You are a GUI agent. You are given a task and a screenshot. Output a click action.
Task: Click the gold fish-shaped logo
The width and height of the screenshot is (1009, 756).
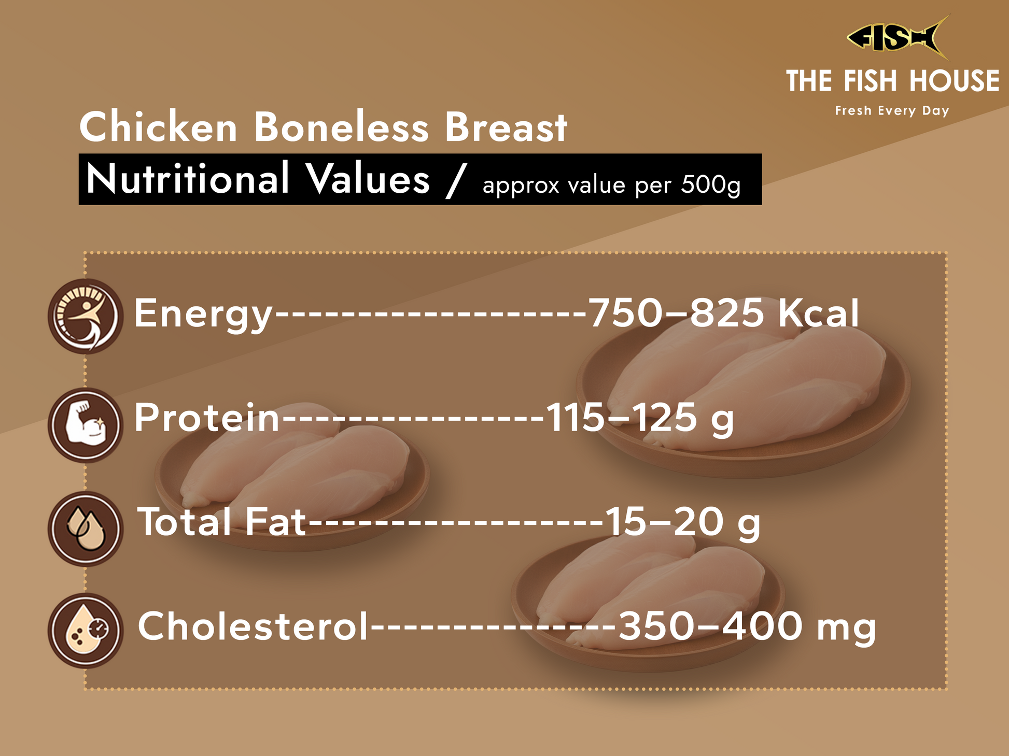(898, 37)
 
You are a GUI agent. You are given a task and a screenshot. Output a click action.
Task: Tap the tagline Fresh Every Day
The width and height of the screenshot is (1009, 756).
(892, 111)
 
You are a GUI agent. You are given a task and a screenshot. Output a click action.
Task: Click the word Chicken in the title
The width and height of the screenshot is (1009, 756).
(158, 127)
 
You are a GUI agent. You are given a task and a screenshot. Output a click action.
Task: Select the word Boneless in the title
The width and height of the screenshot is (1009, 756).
(341, 127)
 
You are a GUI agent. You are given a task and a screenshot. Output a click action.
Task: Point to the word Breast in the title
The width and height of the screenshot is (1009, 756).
(506, 127)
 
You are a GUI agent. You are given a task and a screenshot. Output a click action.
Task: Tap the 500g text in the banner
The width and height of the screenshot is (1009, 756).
(711, 185)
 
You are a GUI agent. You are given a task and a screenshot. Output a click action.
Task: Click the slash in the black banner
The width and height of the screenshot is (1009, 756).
(456, 180)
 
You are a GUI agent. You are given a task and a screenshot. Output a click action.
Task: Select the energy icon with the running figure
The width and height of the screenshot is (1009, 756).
(86, 316)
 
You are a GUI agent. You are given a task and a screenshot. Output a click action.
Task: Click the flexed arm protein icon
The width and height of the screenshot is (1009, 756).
(86, 425)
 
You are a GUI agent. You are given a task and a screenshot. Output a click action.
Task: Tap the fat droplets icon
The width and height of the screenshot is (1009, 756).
(86, 529)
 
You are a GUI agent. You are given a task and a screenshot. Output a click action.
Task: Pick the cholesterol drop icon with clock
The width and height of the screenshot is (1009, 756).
(86, 631)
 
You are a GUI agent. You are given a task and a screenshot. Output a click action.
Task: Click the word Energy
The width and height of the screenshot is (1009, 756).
(203, 314)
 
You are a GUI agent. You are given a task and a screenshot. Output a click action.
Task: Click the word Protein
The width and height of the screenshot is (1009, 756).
(207, 417)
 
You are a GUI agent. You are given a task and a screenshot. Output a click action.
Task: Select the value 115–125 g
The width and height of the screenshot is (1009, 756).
(640, 419)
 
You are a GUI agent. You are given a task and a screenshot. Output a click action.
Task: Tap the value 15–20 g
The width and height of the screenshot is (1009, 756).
(683, 523)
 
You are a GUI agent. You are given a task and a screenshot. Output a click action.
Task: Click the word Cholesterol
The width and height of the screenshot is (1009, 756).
(253, 625)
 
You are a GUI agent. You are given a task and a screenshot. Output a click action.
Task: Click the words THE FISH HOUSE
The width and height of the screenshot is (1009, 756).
(892, 81)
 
